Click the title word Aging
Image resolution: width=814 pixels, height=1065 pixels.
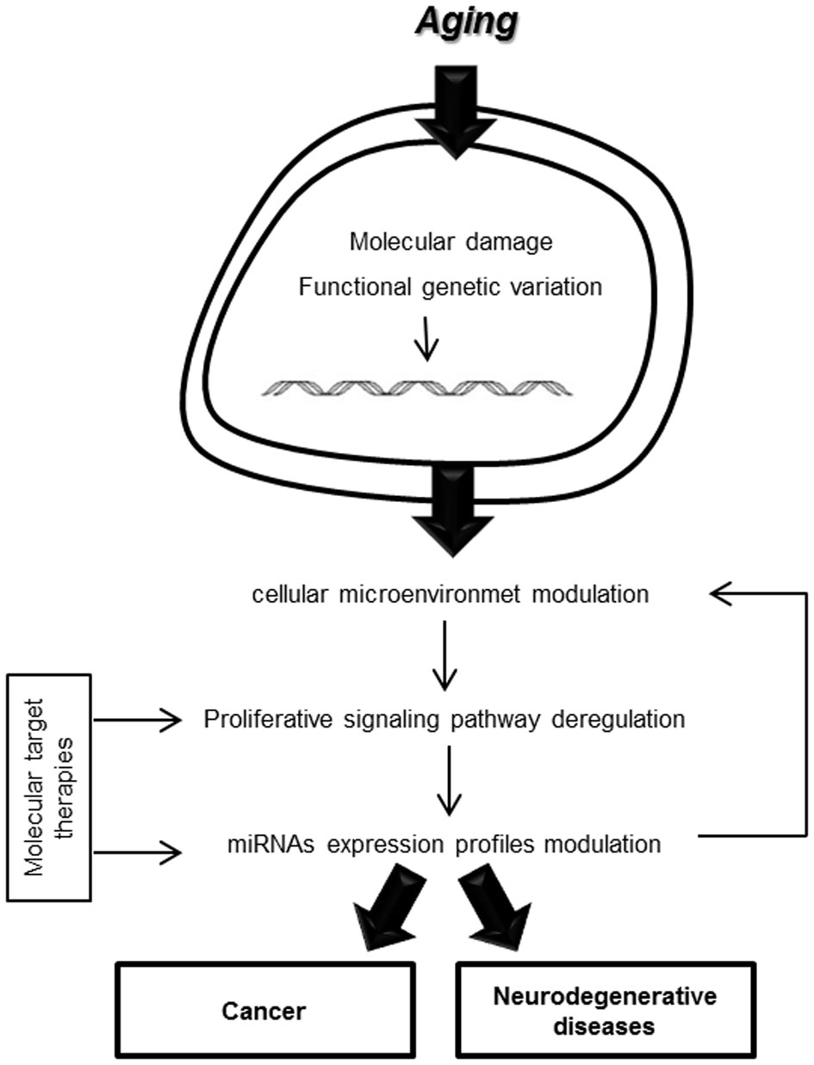pos(466,27)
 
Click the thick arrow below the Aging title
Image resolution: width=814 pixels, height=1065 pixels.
pos(454,108)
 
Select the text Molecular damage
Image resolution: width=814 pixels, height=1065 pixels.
pos(450,243)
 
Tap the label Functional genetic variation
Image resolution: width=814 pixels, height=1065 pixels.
pos(450,287)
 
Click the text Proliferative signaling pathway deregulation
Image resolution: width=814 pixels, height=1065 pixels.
pos(444,719)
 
